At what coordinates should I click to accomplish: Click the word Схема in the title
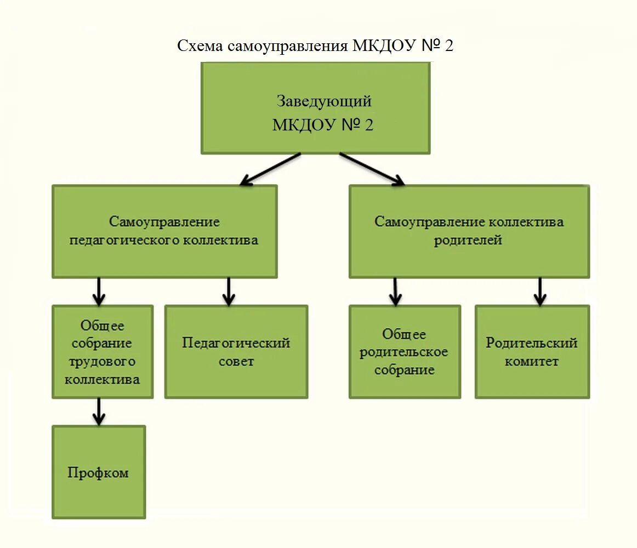(x=201, y=45)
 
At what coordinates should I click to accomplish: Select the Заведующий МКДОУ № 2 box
(x=315, y=108)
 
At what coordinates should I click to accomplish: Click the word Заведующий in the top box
(x=323, y=101)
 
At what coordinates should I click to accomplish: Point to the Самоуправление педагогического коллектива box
(x=164, y=231)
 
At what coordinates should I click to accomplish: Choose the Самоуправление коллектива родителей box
(x=469, y=231)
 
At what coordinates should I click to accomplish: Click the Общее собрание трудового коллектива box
(x=103, y=352)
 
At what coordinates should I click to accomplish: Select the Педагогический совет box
(x=236, y=352)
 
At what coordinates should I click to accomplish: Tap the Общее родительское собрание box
(x=405, y=352)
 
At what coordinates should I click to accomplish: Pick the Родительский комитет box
(x=532, y=352)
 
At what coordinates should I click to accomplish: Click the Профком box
(x=99, y=472)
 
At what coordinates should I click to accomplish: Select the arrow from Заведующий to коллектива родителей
(x=371, y=168)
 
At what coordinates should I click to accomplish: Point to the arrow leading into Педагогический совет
(x=229, y=291)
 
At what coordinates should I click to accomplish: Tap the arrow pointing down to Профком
(x=99, y=412)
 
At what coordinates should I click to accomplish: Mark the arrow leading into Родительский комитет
(x=540, y=291)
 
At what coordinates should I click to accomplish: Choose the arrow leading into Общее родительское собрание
(x=395, y=291)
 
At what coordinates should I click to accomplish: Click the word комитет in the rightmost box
(x=531, y=362)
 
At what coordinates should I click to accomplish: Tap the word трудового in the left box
(x=102, y=362)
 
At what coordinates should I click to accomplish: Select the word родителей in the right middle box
(x=468, y=241)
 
